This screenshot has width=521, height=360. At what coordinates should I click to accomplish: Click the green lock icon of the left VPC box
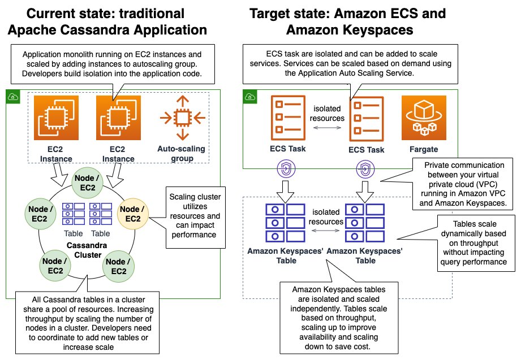click(11, 97)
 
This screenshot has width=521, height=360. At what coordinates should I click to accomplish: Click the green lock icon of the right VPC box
click(249, 97)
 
